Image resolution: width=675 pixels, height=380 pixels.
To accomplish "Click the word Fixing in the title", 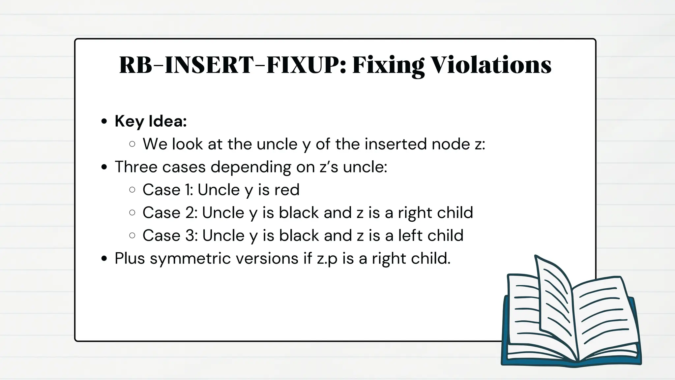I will pyautogui.click(x=388, y=66).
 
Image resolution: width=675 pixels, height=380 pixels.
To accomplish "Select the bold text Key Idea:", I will pyautogui.click(x=151, y=121).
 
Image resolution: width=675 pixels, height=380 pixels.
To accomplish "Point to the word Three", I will pyautogui.click(x=136, y=167).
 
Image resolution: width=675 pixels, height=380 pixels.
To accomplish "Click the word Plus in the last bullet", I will pyautogui.click(x=130, y=258).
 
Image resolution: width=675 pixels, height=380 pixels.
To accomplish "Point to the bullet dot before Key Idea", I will pyautogui.click(x=104, y=121).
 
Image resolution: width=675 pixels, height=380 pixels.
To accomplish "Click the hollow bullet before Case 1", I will pyautogui.click(x=132, y=190).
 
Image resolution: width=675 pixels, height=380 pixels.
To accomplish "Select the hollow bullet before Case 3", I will pyautogui.click(x=132, y=236).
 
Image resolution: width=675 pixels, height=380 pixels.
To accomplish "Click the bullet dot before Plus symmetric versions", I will pyautogui.click(x=104, y=259).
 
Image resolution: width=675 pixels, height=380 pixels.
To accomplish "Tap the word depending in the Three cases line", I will pyautogui.click(x=251, y=167).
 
